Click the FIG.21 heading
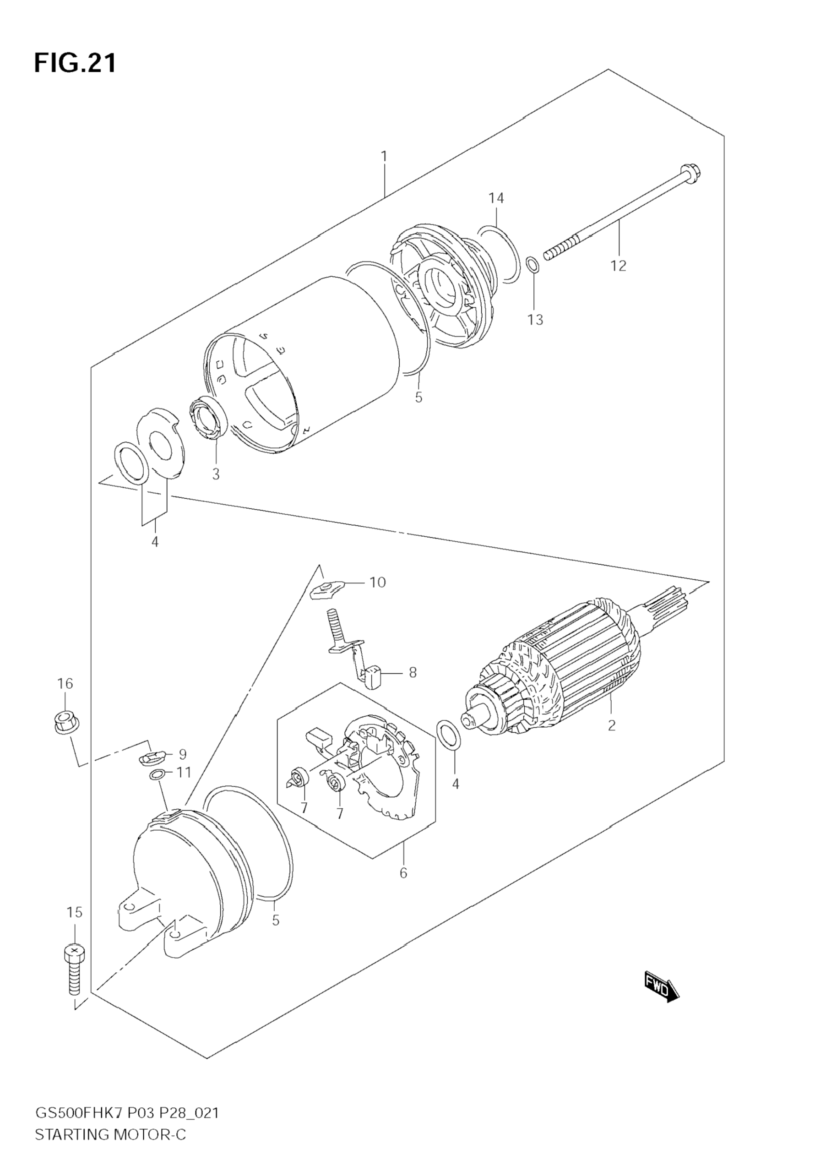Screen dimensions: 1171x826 coord(76,63)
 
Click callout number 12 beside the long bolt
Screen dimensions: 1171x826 coord(619,266)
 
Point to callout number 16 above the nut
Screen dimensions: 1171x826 coord(65,683)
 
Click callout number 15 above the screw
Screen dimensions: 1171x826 coord(75,912)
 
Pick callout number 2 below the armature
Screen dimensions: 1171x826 coord(612,725)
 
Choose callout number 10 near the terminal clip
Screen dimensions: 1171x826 coord(377,582)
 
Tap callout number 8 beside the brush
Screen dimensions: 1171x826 coord(413,672)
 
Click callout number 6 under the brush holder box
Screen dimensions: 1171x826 coord(403,873)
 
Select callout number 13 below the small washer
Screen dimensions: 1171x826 coord(535,320)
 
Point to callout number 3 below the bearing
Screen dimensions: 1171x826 coord(216,474)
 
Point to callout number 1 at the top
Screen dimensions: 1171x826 coord(384,156)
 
